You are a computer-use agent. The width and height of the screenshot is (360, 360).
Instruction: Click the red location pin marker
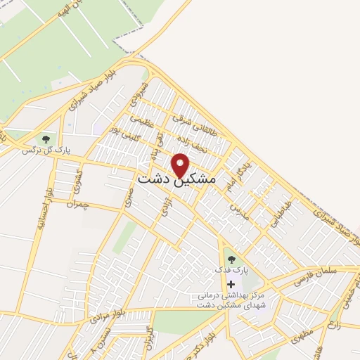[x=181, y=165]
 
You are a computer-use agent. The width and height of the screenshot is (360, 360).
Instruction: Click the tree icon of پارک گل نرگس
[x=46, y=139]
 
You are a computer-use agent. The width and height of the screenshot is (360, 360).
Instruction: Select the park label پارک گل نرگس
[x=46, y=150]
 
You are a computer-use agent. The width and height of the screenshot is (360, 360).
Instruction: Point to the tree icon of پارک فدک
[x=231, y=259]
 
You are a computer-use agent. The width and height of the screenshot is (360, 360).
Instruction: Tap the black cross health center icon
[x=231, y=283]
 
